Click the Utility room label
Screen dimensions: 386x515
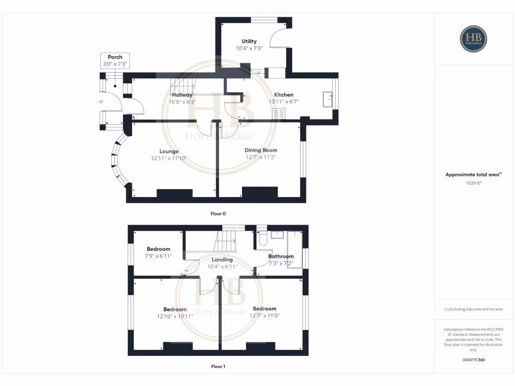click(x=249, y=41)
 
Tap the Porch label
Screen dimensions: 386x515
click(x=115, y=57)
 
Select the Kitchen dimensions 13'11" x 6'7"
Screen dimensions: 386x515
click(x=284, y=102)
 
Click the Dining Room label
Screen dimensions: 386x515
click(x=261, y=150)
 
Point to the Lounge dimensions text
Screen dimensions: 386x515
click(x=169, y=158)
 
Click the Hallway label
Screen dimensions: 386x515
click(x=182, y=94)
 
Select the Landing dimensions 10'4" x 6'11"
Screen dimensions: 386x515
click(x=222, y=266)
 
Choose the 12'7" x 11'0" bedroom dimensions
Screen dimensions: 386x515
click(x=265, y=316)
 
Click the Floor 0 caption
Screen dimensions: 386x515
click(x=218, y=214)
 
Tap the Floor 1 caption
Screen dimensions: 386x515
click(x=218, y=366)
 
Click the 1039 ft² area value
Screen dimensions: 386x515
click(x=473, y=183)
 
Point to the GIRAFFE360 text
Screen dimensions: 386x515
click(x=473, y=360)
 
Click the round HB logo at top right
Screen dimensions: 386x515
click(x=473, y=38)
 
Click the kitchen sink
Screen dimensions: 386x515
click(x=328, y=100)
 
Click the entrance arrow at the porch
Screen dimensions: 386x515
click(x=101, y=102)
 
